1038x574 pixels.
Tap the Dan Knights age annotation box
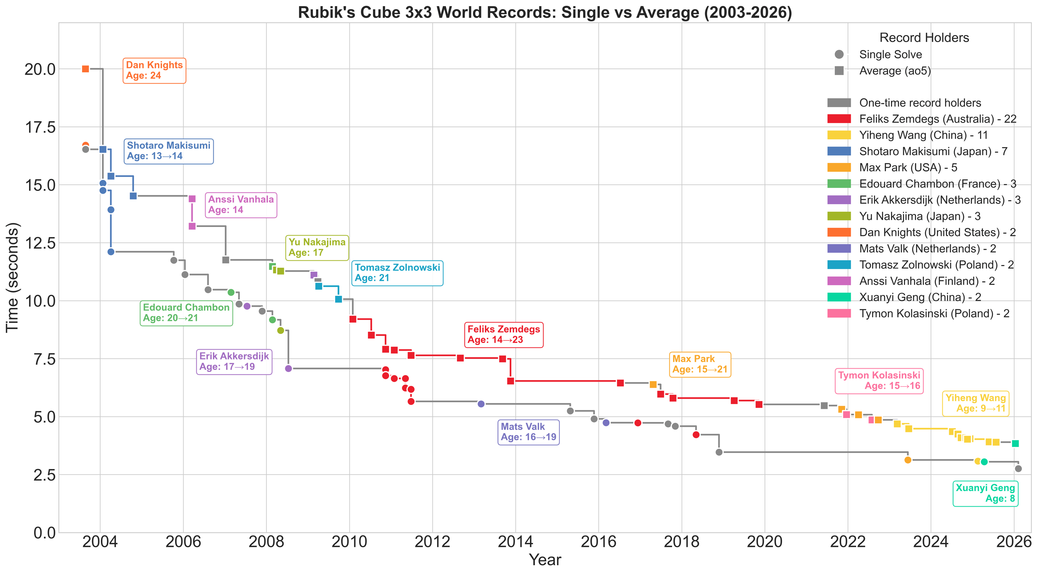click(154, 70)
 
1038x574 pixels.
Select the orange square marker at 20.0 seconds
click(86, 69)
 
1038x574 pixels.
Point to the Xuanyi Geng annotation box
click(985, 493)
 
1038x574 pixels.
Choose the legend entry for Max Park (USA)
click(892, 167)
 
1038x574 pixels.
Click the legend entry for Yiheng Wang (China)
click(907, 135)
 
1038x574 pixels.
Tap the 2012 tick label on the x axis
click(432, 542)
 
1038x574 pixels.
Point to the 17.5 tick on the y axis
click(40, 127)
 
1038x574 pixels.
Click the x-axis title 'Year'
click(545, 560)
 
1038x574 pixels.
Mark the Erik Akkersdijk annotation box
click(234, 362)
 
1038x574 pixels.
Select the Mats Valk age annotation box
click(529, 432)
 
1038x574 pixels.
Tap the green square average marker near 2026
click(1015, 443)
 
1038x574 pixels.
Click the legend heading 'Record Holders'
click(924, 38)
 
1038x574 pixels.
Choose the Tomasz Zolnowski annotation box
click(397, 273)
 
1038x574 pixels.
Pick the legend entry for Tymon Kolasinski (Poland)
click(918, 313)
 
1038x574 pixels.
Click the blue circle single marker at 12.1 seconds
click(111, 252)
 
